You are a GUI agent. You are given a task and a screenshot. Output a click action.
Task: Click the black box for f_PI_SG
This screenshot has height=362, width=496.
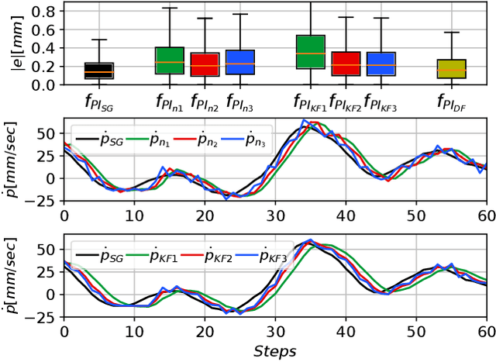(x=98, y=71)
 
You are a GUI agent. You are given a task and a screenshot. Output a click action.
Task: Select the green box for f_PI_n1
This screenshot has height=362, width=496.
(x=170, y=60)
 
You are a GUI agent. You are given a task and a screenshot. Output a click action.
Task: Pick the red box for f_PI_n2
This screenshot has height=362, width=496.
(x=204, y=64)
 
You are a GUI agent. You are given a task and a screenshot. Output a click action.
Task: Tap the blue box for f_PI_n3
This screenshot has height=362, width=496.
(x=239, y=62)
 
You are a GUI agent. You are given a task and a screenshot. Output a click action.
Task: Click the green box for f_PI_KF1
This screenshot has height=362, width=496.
(x=310, y=52)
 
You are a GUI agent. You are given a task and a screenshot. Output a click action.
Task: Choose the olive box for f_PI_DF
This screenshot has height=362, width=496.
(x=451, y=69)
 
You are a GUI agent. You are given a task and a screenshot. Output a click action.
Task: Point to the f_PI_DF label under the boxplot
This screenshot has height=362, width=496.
(x=451, y=102)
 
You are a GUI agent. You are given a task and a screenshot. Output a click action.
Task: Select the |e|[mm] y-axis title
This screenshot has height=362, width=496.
(x=13, y=44)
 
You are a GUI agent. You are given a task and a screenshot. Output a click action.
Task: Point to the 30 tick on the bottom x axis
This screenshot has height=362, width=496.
(x=274, y=330)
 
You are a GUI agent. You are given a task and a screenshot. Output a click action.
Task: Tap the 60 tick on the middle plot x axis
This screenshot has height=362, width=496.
(x=485, y=215)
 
